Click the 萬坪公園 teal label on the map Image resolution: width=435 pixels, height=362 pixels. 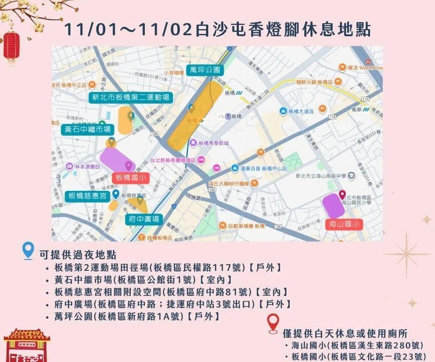click(x=205, y=70)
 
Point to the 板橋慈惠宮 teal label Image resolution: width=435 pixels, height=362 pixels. click(x=87, y=196)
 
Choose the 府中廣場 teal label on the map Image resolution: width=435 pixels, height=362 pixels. click(x=143, y=219)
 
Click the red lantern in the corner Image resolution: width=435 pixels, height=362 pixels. click(x=11, y=46)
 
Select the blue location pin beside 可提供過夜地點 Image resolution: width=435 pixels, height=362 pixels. click(x=28, y=251)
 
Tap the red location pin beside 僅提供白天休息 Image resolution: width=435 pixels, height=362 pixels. click(x=272, y=323)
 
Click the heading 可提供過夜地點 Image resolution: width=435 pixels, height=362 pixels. click(x=78, y=254)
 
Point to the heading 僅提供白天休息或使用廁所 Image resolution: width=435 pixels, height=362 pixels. click(x=345, y=333)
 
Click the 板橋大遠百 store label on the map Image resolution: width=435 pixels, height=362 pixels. click(x=302, y=111)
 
